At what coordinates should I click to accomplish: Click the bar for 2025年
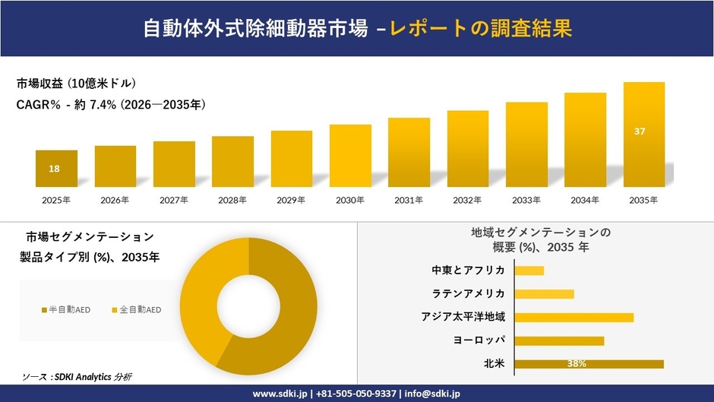[x=56, y=169]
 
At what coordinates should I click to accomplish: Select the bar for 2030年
[x=350, y=156]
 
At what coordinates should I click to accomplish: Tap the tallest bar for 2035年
[x=644, y=135]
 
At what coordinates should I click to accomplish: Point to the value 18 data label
[x=54, y=169]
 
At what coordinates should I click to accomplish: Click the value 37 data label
[x=640, y=131]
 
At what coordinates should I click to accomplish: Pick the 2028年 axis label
[x=232, y=200]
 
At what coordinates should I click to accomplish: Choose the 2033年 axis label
[x=526, y=200]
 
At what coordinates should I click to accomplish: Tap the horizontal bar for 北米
[x=589, y=364]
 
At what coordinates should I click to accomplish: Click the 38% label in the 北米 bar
[x=577, y=364]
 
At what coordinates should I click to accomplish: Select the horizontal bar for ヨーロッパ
[x=559, y=340]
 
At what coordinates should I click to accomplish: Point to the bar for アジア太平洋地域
[x=573, y=317]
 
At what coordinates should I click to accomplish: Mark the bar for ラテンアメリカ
[x=544, y=293]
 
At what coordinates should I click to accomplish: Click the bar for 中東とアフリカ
[x=529, y=270]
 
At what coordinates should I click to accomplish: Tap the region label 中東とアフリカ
[x=468, y=270]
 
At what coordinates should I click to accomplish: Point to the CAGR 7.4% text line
[x=111, y=104]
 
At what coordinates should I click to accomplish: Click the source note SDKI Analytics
[x=76, y=377]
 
